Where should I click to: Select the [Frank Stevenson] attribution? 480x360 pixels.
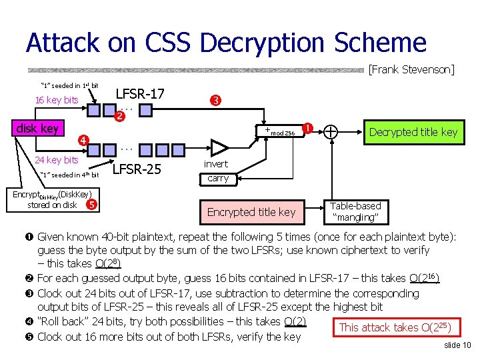(411, 69)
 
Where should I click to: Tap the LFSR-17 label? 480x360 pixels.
(141, 94)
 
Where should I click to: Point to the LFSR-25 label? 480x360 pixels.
(137, 169)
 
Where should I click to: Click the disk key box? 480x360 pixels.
(38, 128)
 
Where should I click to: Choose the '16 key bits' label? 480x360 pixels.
(56, 100)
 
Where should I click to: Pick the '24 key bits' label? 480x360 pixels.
(57, 160)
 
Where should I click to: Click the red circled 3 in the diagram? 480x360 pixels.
(215, 101)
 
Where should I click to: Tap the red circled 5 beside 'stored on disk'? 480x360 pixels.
(92, 204)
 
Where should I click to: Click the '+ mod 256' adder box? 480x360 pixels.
(279, 132)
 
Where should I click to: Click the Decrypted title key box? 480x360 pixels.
(413, 132)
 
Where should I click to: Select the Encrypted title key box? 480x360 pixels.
(251, 212)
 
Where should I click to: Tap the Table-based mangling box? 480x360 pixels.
(355, 212)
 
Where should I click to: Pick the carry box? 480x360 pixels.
(218, 178)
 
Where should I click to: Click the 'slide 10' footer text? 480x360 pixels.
(457, 345)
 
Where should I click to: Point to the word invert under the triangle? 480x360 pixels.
(215, 164)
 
